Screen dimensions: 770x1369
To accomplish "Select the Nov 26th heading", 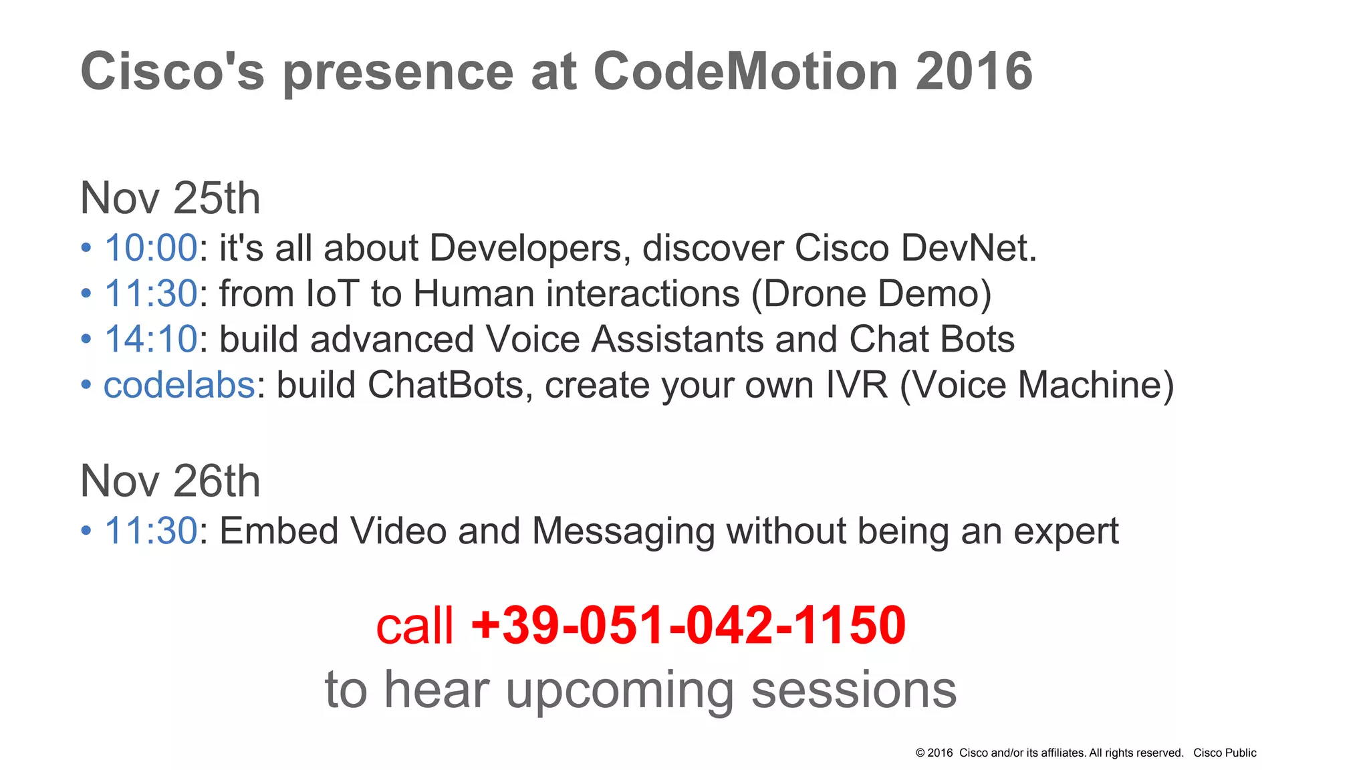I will coord(170,481).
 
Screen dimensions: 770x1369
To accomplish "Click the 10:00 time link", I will coord(150,248).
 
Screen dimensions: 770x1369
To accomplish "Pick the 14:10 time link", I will coord(150,339).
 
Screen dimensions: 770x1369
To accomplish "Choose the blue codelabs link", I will coord(179,385).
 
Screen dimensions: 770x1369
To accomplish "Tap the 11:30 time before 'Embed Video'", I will coord(150,531).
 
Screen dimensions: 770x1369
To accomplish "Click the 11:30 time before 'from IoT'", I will coord(150,293).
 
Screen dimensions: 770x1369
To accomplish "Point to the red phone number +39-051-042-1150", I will coord(689,626).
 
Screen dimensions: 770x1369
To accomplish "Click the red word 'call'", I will coord(414,627).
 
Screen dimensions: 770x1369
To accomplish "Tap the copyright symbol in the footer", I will coord(920,753).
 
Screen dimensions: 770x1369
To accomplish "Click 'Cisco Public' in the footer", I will coord(1225,753).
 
